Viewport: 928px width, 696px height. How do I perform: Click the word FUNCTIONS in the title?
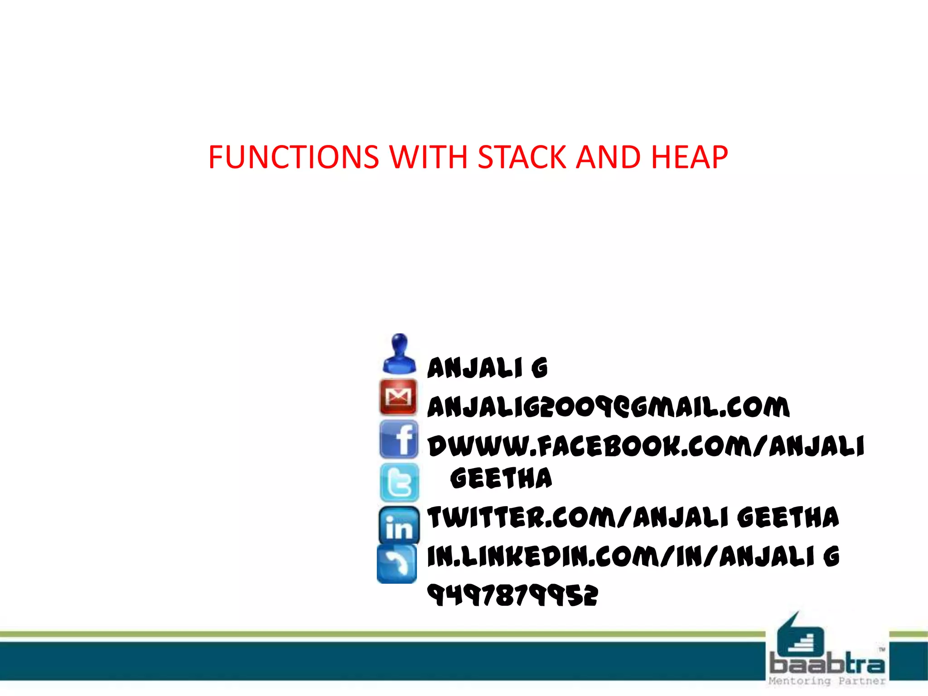293,157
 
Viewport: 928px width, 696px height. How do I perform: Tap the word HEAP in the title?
689,157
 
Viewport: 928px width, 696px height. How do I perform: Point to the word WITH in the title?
429,157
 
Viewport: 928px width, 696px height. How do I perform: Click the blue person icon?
399,354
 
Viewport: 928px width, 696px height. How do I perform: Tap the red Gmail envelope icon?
398,397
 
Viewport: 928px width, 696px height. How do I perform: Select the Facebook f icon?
399,439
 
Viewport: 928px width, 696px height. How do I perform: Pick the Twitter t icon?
399,482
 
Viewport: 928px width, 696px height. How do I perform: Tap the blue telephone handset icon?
397,564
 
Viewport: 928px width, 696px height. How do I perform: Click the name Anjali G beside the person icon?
488,367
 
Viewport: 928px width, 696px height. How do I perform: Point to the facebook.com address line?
646,446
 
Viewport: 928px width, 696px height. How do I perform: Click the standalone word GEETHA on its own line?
501,478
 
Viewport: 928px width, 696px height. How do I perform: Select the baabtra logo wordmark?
827,664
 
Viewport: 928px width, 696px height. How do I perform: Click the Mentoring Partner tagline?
827,681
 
